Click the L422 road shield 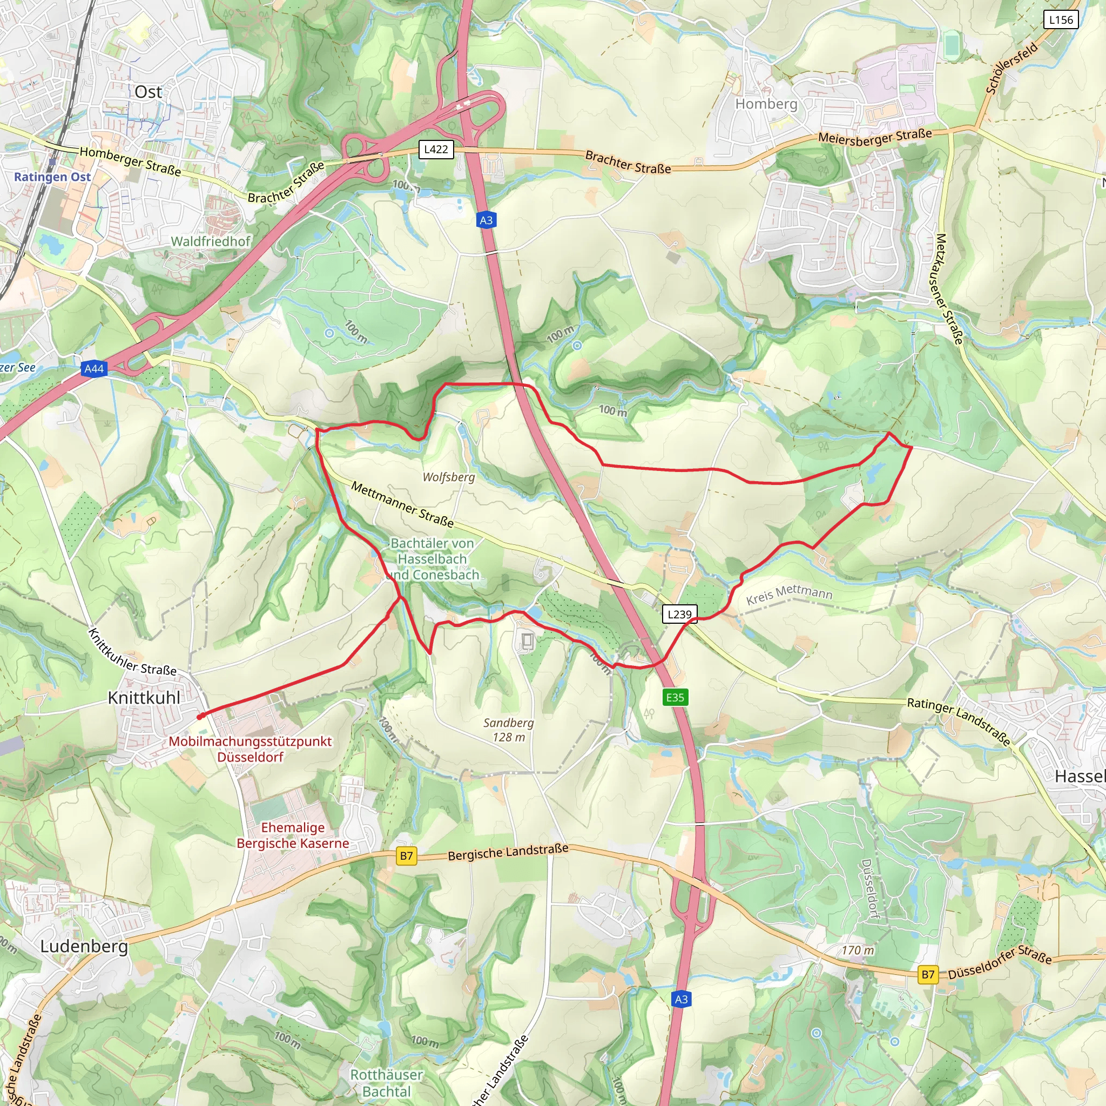[x=436, y=150]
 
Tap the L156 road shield [x=1061, y=19]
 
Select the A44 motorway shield [x=94, y=369]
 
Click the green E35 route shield [x=675, y=697]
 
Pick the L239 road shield [x=679, y=614]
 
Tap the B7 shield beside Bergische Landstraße [x=407, y=857]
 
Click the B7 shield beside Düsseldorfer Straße [x=928, y=974]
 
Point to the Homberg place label [x=766, y=104]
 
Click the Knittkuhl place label [x=144, y=698]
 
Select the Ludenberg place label [x=84, y=946]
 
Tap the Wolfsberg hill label [x=448, y=477]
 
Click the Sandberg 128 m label [x=508, y=730]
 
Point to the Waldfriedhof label [x=211, y=241]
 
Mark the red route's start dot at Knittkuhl [x=200, y=716]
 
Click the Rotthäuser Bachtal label [x=387, y=1083]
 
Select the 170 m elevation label [x=858, y=950]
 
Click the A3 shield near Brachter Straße [x=485, y=220]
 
